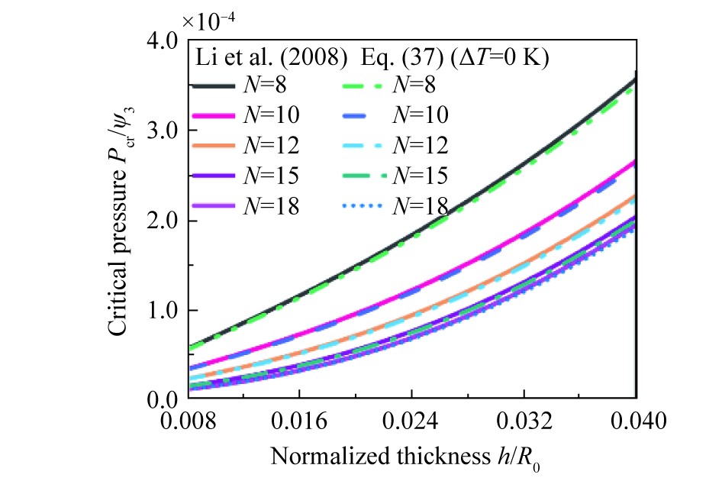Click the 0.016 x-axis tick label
(x=298, y=421)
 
